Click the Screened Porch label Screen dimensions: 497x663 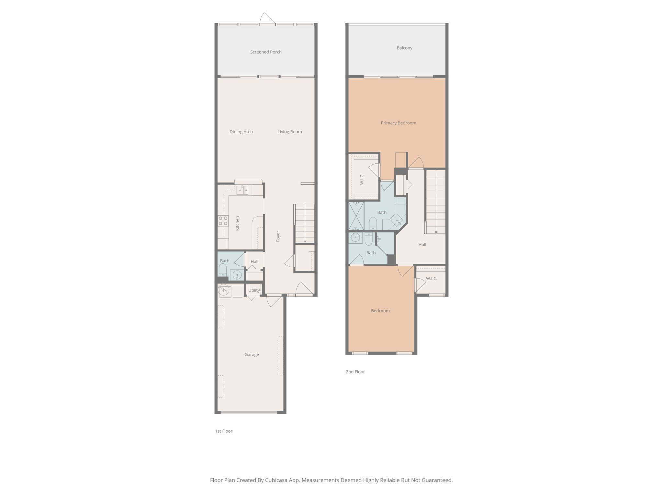pos(266,52)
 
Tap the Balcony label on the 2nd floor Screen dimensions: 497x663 pos(404,48)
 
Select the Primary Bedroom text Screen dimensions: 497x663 pos(398,123)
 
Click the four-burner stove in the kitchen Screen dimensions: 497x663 pos(223,221)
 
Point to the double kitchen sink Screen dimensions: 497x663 pos(242,190)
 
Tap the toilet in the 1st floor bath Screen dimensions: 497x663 pos(223,270)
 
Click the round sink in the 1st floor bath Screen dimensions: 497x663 pos(238,274)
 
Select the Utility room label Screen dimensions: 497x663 pos(254,290)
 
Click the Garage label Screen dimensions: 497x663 pos(252,355)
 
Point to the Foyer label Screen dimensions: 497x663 pos(278,236)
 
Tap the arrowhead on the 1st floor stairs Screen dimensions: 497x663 pos(305,241)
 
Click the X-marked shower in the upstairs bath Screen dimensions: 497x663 pos(356,216)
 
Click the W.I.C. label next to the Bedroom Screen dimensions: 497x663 pos(431,279)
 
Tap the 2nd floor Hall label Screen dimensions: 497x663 pos(422,245)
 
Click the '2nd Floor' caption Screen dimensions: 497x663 pos(355,372)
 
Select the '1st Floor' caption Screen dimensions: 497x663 pos(224,431)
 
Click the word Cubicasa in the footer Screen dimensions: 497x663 pos(277,480)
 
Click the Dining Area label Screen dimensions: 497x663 pos(241,132)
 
